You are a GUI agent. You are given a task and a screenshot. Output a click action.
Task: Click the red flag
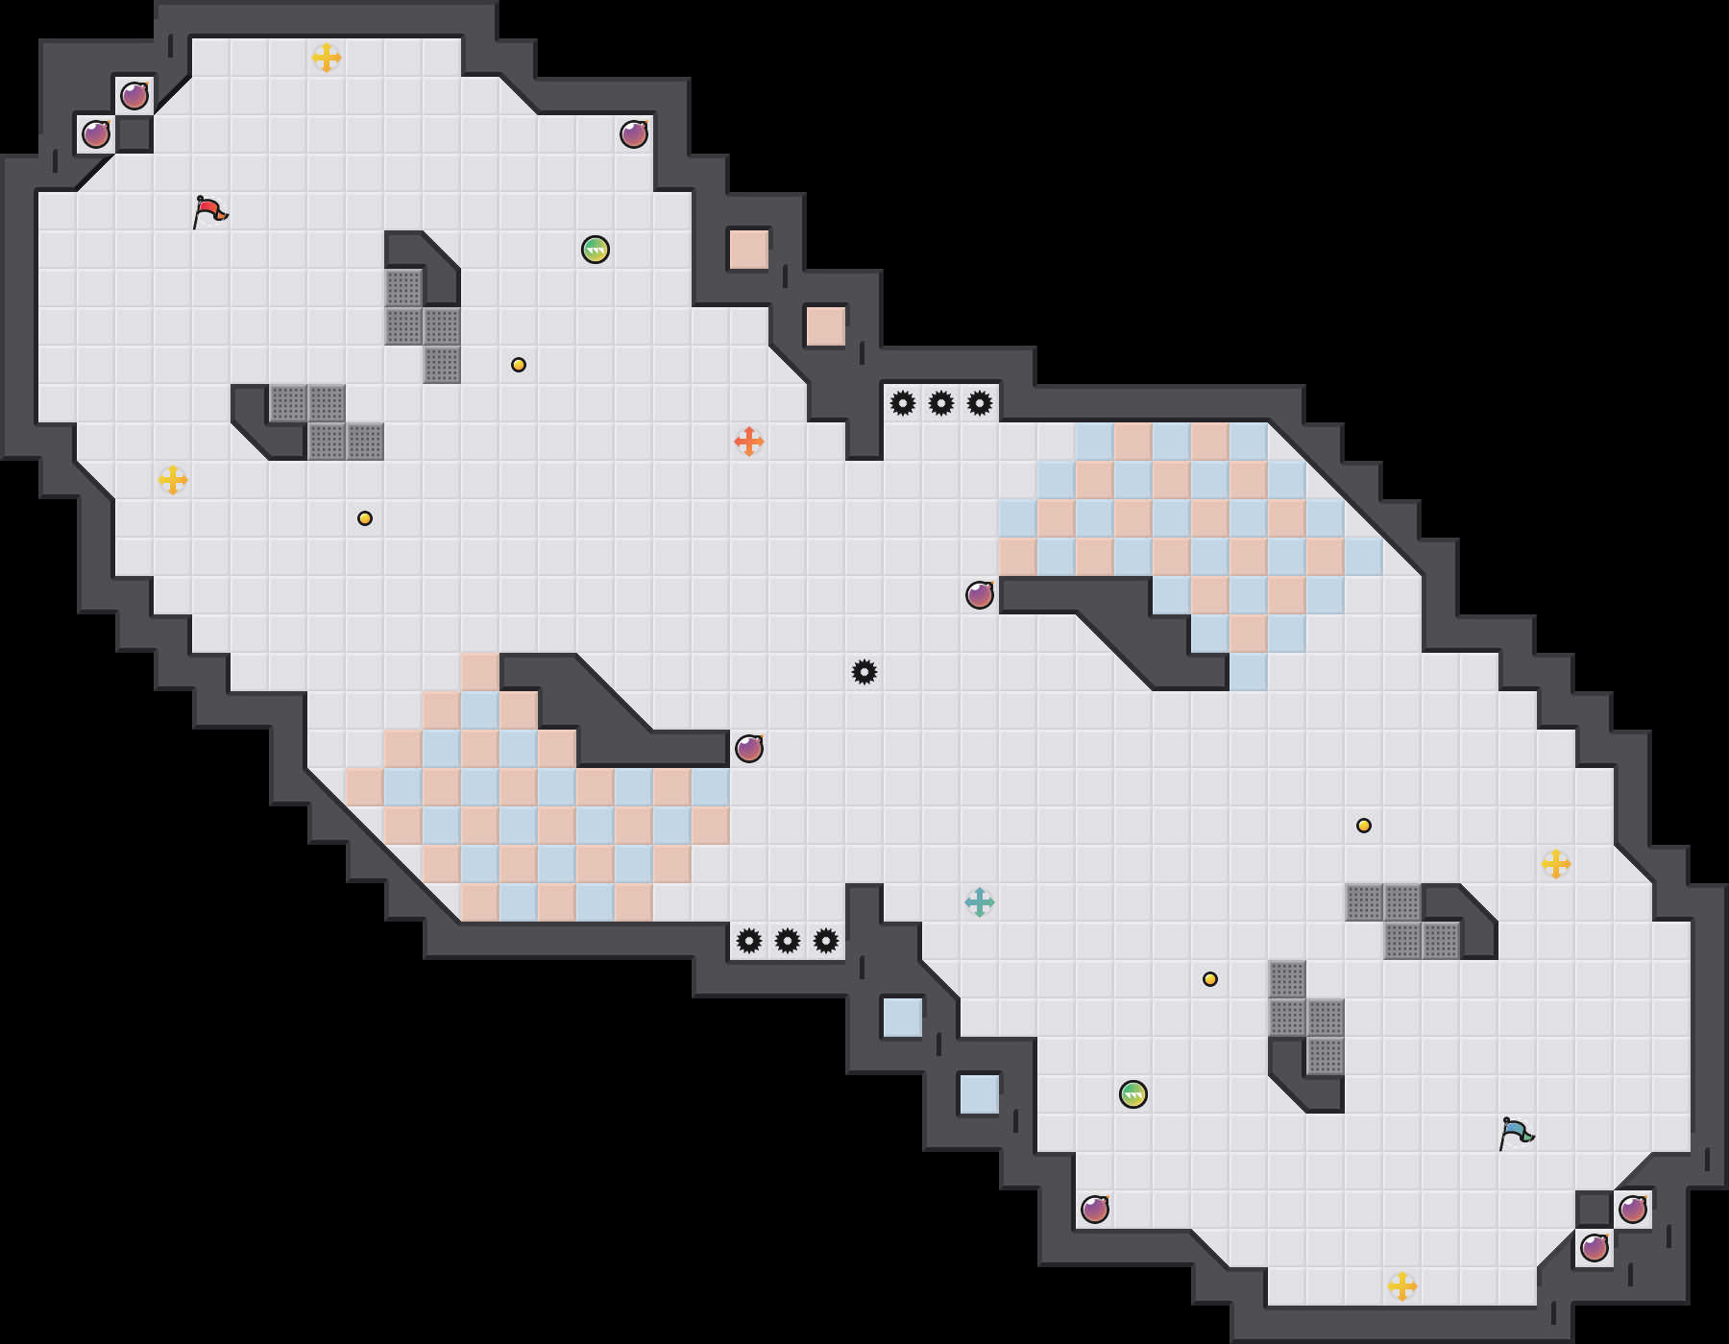coord(208,211)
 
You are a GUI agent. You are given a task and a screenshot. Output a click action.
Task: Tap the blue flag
coord(1515,1133)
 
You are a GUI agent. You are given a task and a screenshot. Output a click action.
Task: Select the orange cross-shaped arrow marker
coord(749,442)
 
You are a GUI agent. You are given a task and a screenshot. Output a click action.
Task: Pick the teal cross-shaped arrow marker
coord(980,902)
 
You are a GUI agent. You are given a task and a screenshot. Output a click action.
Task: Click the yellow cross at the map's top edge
coord(327,58)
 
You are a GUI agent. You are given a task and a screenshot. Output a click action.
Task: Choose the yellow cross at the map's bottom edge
coord(1402,1286)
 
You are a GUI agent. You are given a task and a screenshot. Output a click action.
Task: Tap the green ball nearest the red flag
coord(596,250)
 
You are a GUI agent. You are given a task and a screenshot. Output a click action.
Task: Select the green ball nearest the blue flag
coord(1133,1094)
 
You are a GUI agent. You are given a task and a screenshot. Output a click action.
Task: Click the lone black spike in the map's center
coord(864,672)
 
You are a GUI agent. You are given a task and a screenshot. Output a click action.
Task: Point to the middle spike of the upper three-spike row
coord(941,403)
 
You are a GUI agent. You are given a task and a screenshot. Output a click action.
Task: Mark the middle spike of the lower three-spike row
coord(788,941)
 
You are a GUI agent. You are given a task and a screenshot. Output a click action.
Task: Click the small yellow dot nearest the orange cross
coord(519,365)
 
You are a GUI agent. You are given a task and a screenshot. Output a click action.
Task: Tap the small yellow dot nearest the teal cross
coord(1210,979)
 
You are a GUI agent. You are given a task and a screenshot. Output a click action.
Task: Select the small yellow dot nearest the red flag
coord(365,518)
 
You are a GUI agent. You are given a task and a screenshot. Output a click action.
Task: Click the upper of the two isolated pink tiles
coord(749,250)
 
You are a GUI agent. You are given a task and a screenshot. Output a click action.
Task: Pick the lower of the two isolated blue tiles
coord(980,1094)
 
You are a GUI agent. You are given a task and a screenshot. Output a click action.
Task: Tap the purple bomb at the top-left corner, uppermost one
coord(134,96)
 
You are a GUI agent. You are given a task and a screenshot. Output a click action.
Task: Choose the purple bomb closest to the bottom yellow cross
coord(1595,1248)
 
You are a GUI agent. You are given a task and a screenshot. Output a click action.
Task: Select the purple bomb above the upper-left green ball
coord(634,134)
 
